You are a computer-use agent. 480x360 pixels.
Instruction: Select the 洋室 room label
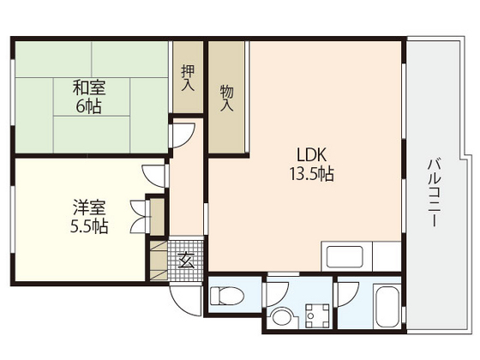[x=89, y=207]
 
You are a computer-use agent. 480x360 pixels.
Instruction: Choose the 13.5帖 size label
[x=310, y=174]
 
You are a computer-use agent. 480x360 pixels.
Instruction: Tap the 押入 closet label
[x=188, y=78]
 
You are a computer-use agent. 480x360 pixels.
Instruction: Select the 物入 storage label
[x=227, y=97]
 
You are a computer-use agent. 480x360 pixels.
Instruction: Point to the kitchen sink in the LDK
[x=342, y=256]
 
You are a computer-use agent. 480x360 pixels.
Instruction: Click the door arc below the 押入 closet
[x=183, y=134]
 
